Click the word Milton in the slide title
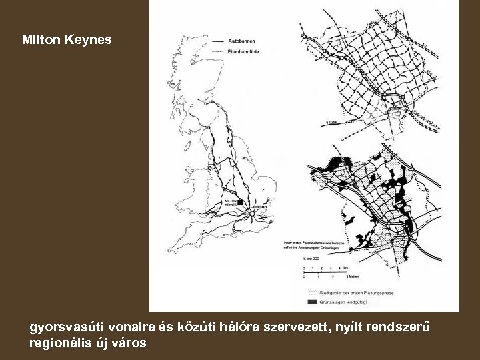tap(41, 41)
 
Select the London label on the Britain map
tap(258, 209)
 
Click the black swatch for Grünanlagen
tap(310, 302)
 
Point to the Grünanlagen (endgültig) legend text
tap(347, 302)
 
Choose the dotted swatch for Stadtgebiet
tap(310, 292)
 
